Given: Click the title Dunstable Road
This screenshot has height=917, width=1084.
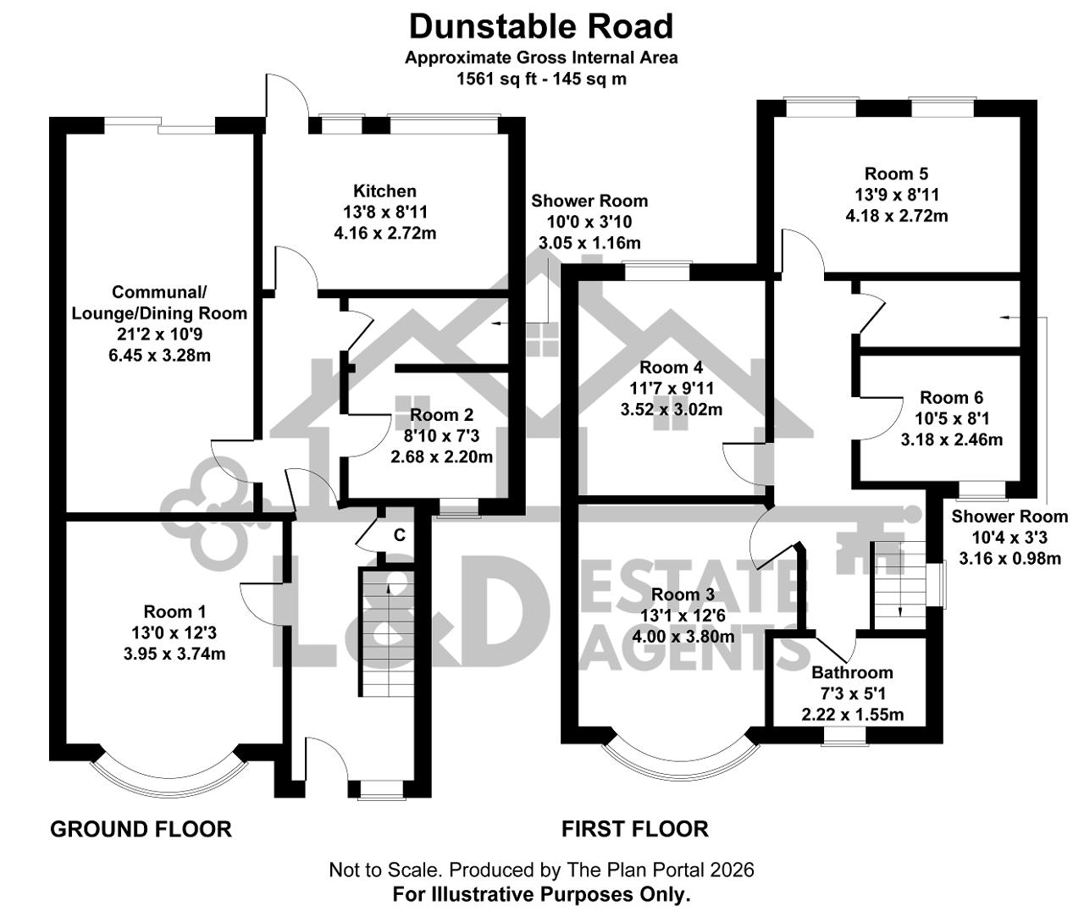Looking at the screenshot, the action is point(540,27).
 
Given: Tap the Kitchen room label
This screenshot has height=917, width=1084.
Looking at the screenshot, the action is point(385,191).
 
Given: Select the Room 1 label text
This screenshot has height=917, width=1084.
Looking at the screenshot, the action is point(174,611).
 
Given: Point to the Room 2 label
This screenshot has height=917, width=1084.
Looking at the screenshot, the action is point(441,415).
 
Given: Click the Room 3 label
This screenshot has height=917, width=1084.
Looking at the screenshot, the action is point(683,594).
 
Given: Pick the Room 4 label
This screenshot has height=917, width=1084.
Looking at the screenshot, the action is point(672,367).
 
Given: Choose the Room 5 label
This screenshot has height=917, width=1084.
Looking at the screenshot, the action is point(896,174).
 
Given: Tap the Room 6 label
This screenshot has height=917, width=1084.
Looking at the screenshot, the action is point(952,397).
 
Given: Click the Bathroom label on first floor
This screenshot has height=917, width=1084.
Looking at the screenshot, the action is point(852,672).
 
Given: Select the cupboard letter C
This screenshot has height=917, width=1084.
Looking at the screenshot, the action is point(400,535).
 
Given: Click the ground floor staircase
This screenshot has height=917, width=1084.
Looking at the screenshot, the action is point(386,632).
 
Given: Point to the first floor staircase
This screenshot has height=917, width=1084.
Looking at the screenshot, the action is point(899,584).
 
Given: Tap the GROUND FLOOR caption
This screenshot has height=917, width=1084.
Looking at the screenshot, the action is point(141,829).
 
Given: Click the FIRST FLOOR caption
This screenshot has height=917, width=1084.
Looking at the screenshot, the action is point(635,829).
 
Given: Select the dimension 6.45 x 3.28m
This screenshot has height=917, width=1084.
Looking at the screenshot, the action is point(159,356).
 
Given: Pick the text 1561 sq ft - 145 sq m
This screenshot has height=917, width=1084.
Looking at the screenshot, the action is point(541,80).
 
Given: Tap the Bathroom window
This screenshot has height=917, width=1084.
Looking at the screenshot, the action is point(845,736).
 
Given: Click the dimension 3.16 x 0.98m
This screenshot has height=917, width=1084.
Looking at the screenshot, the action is point(1010,558).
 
